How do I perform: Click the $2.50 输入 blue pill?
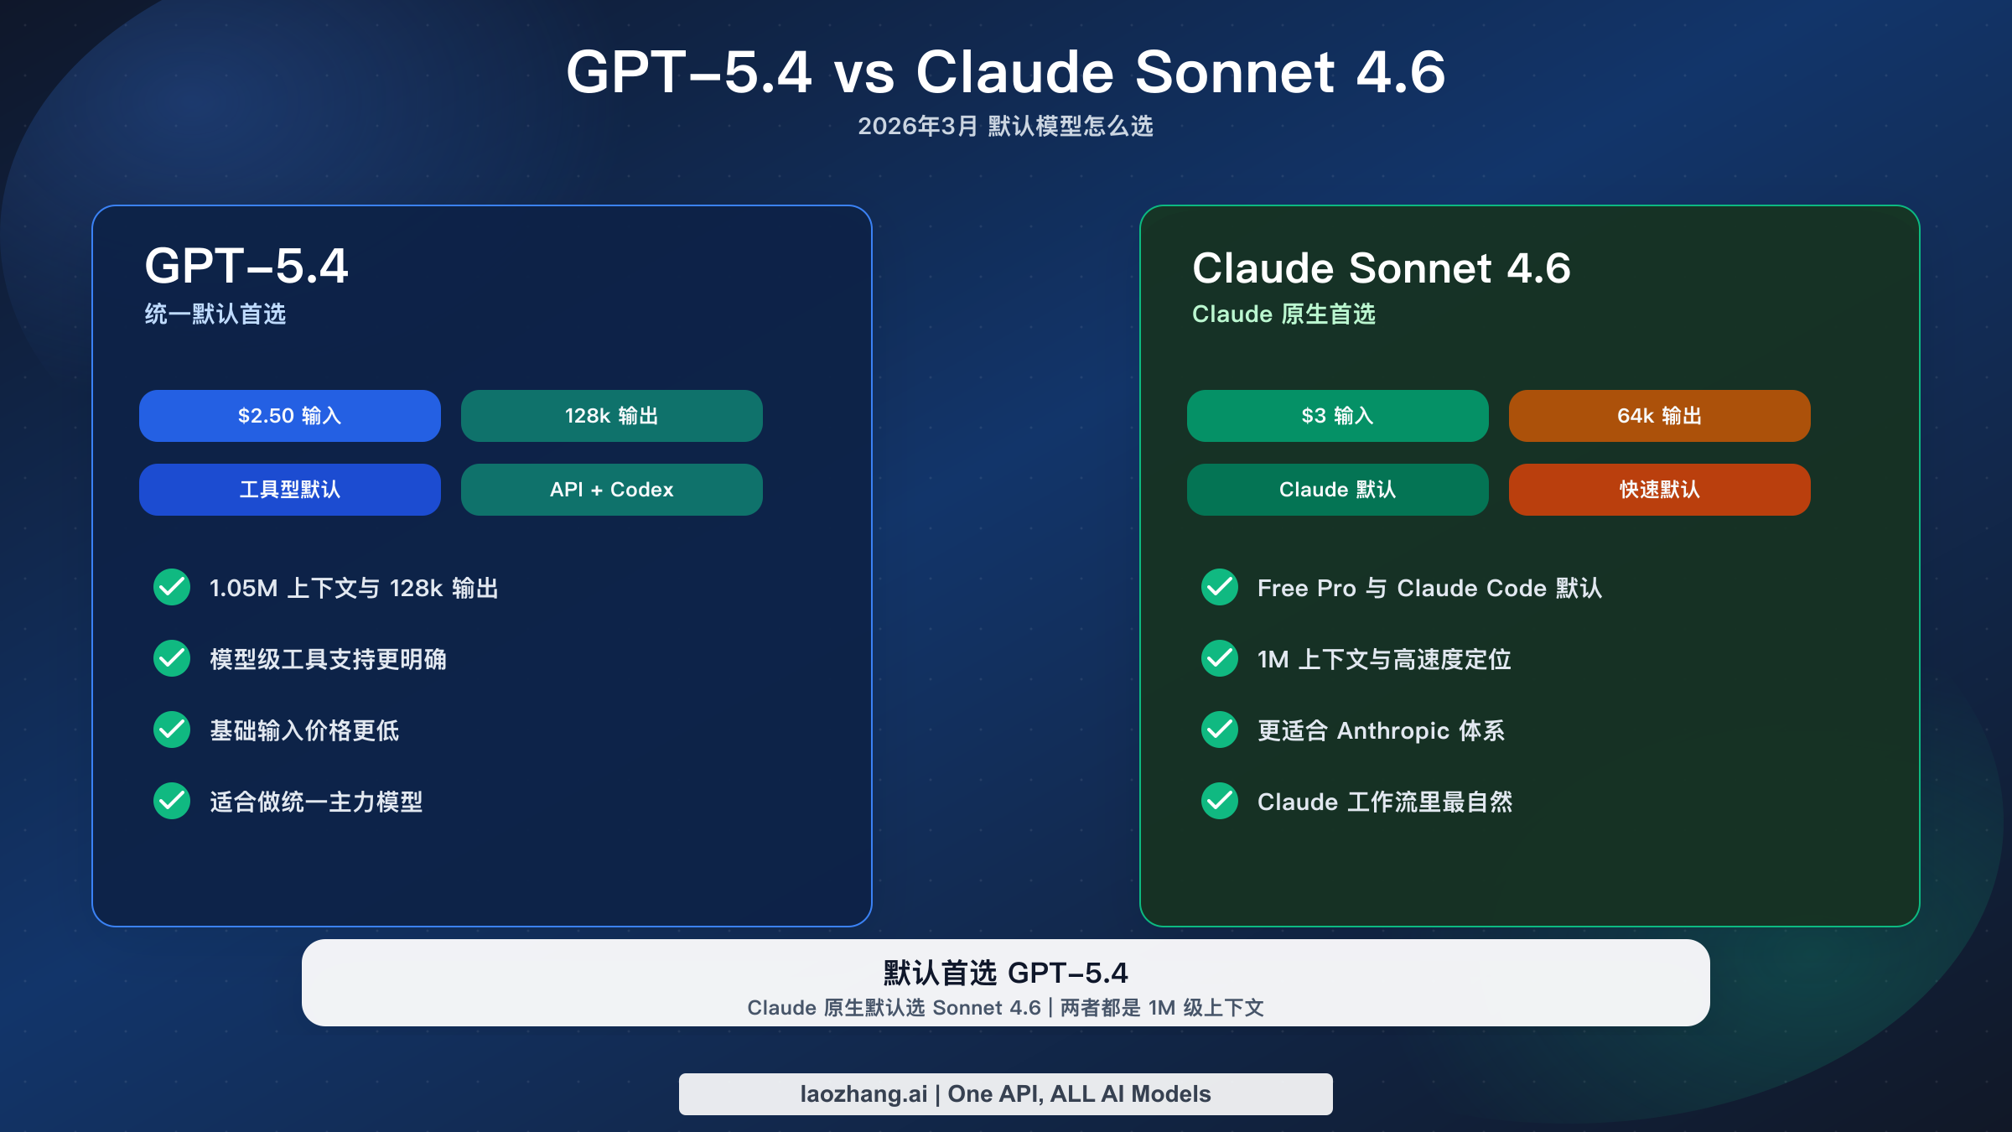point(289,416)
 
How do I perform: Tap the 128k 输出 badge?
point(611,416)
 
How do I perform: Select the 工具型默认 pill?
point(289,490)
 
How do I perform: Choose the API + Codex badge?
point(611,490)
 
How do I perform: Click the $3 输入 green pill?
point(1337,416)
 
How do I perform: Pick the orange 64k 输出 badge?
point(1659,416)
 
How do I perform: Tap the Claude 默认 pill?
point(1337,490)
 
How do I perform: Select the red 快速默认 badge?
point(1659,490)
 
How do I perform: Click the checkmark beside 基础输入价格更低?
point(172,730)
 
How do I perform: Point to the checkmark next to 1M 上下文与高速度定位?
point(1220,658)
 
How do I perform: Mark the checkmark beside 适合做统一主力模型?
point(172,801)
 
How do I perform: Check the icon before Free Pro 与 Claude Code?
point(1220,587)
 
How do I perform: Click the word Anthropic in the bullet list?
point(1392,731)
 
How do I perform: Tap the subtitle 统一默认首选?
point(215,314)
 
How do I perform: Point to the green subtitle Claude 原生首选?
point(1283,314)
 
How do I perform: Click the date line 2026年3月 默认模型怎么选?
point(1005,127)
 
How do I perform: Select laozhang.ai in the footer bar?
point(863,1094)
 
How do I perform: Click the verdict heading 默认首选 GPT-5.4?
point(1005,973)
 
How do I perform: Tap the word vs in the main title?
point(863,73)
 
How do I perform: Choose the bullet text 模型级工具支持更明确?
point(328,660)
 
